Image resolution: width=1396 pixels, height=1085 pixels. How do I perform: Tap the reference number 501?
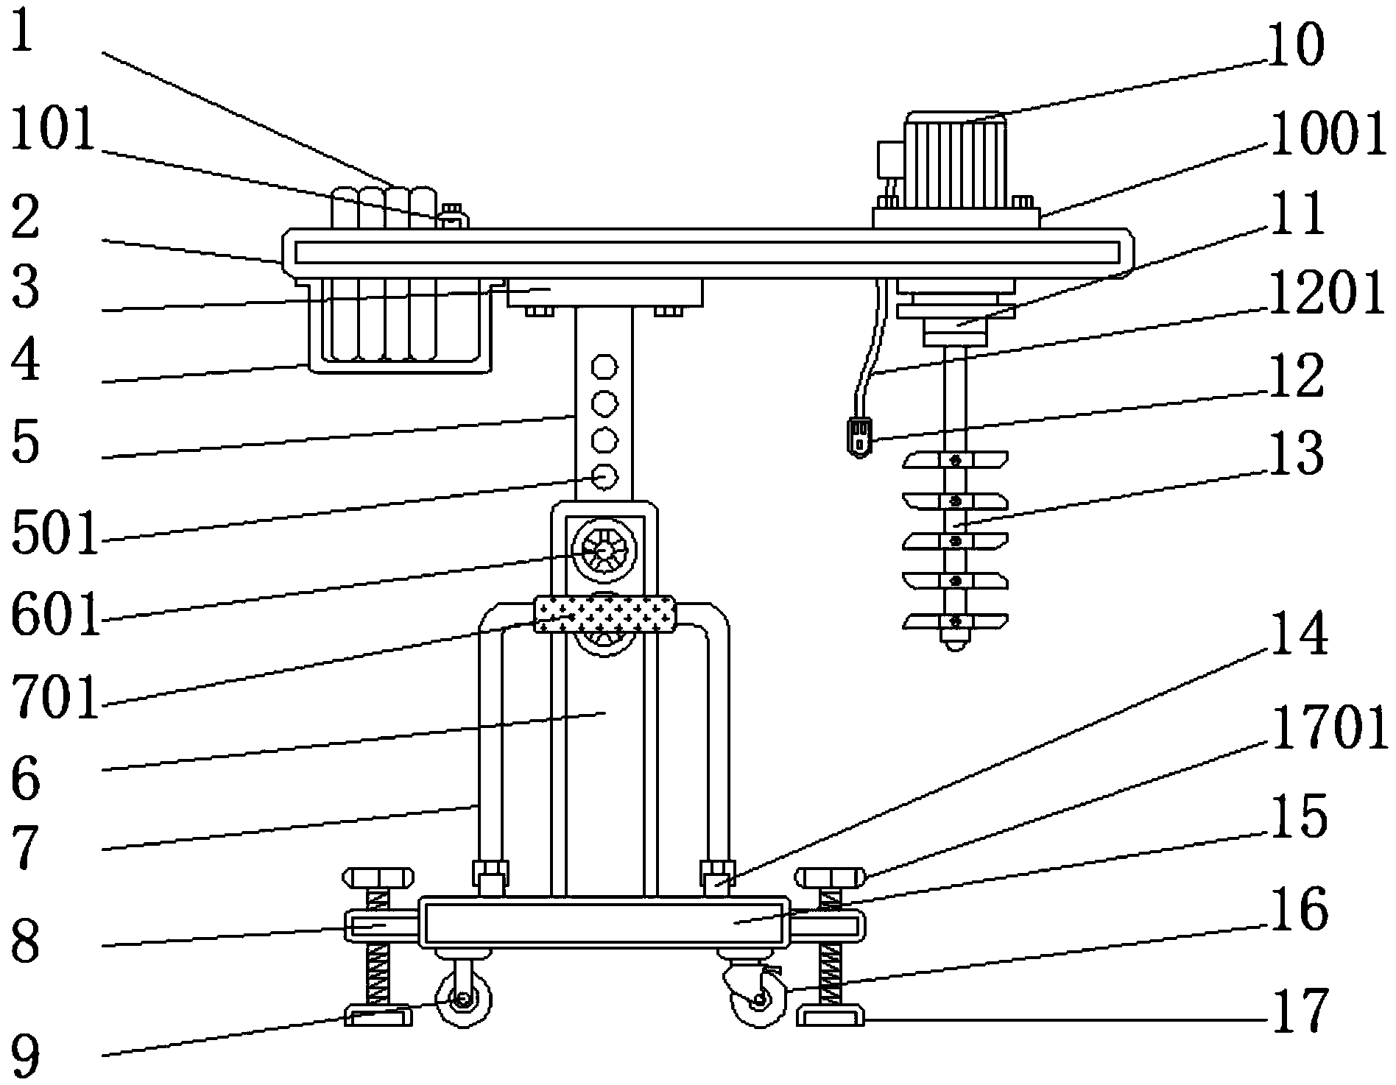54,535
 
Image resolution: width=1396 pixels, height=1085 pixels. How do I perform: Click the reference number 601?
55,615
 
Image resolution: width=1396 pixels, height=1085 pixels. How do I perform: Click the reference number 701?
55,697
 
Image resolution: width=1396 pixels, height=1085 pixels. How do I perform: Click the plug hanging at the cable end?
859,437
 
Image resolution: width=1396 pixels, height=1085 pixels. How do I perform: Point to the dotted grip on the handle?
604,615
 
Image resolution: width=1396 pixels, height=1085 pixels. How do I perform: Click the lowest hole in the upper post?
604,477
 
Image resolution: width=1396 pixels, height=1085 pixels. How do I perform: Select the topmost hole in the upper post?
604,366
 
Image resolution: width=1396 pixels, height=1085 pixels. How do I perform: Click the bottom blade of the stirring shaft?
955,623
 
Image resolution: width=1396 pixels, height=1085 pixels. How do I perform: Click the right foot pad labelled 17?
830,1019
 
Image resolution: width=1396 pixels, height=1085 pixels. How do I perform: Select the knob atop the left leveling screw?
376,878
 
